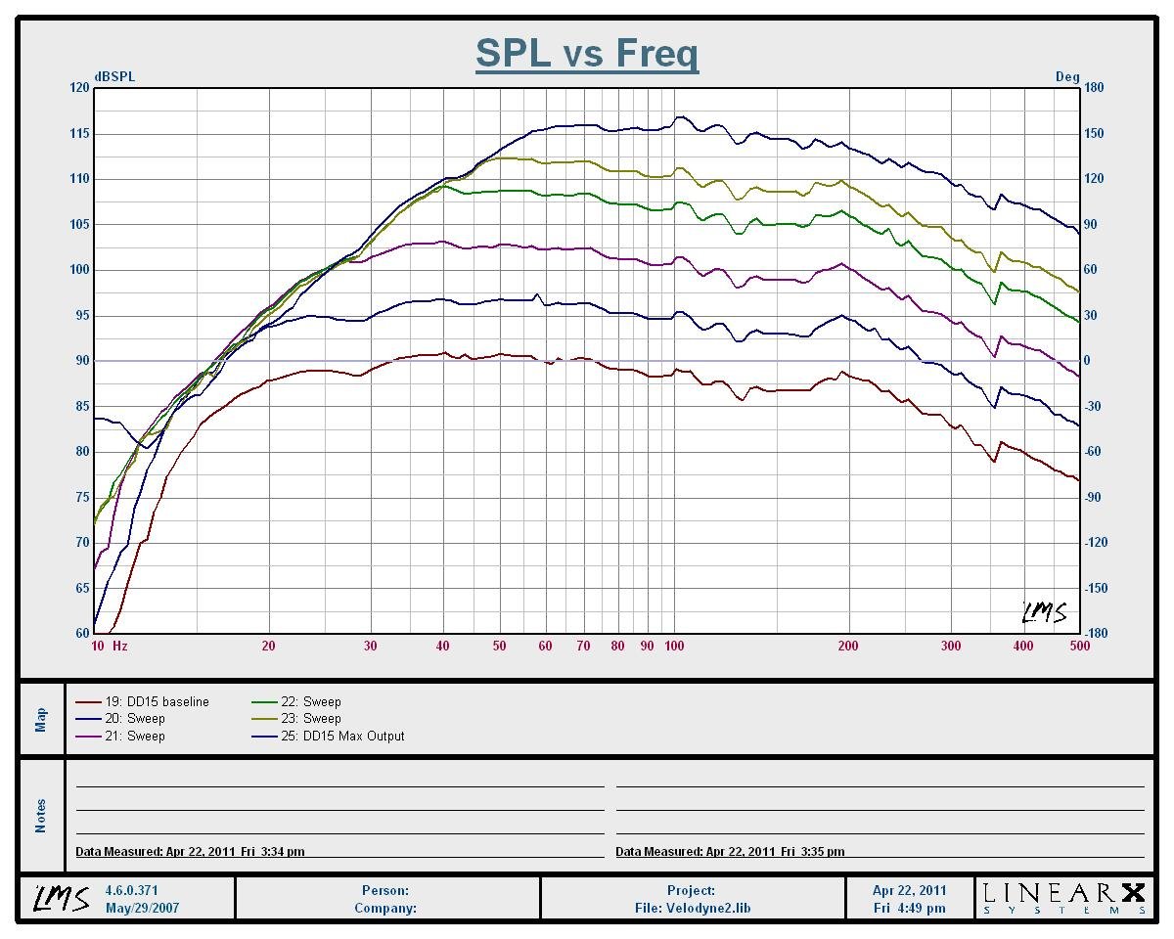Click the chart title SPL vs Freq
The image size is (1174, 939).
click(587, 53)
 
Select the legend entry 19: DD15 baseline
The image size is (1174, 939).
click(157, 701)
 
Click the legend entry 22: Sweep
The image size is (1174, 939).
click(310, 701)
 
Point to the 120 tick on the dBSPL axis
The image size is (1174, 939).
click(78, 88)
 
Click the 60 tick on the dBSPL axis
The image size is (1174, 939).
click(81, 634)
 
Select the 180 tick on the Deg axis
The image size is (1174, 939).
click(1094, 88)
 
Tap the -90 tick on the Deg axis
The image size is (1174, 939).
click(1094, 497)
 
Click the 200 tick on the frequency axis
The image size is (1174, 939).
click(848, 647)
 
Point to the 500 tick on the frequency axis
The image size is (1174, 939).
click(1079, 647)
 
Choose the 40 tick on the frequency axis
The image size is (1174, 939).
click(443, 647)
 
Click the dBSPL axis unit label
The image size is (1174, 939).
click(114, 77)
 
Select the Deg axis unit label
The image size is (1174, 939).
click(1067, 77)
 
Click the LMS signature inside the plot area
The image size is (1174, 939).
click(1044, 613)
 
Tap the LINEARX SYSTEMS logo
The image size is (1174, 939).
click(1063, 898)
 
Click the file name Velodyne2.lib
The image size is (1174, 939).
click(692, 908)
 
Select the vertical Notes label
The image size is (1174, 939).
click(41, 815)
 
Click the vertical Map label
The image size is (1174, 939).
click(41, 719)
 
